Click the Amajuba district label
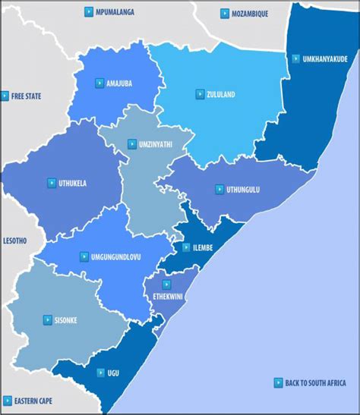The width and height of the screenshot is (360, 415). (x=121, y=83)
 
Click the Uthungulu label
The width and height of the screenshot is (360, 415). (x=242, y=189)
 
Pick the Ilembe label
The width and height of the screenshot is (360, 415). (x=202, y=247)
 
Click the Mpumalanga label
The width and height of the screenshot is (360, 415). (x=115, y=13)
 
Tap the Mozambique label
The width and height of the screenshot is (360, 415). (x=250, y=14)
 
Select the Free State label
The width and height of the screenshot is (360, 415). (x=26, y=96)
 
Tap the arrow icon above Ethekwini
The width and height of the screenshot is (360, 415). (x=166, y=285)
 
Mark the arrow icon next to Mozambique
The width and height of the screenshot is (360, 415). (x=225, y=14)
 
